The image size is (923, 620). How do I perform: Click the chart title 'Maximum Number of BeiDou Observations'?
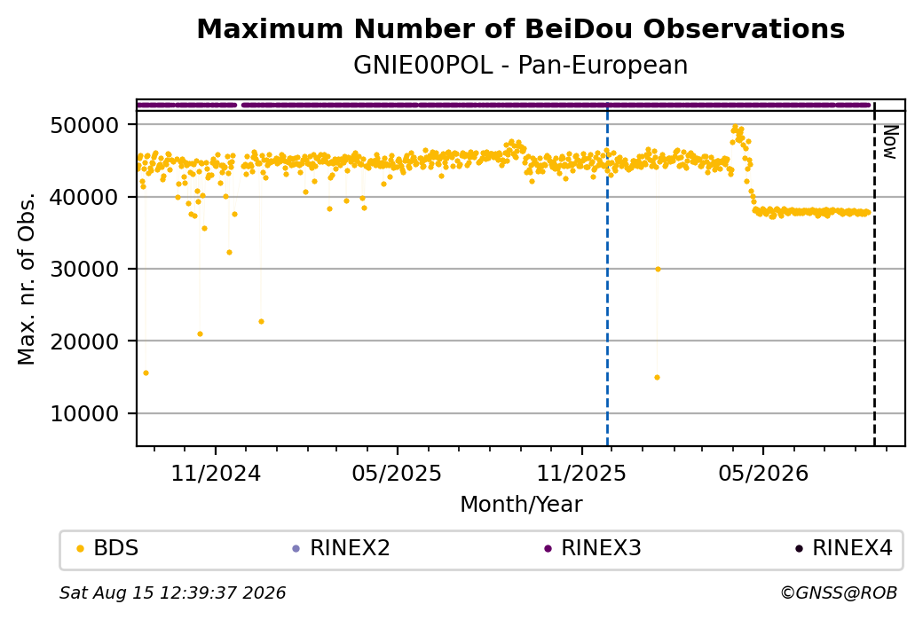(x=520, y=28)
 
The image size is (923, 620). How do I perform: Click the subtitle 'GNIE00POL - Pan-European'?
(x=520, y=66)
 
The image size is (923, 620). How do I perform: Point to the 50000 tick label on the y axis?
(x=85, y=125)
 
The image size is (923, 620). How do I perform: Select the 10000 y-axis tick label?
(x=85, y=414)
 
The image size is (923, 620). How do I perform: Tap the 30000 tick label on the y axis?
(x=85, y=270)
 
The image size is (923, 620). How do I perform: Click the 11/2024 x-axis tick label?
(x=216, y=473)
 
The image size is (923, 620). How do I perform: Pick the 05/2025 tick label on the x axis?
(x=397, y=473)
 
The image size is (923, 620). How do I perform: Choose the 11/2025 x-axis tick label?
(x=581, y=473)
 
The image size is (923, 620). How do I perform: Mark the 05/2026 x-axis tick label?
(x=763, y=473)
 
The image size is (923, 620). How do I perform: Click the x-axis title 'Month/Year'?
(x=521, y=505)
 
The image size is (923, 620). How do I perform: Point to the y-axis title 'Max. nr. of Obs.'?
(x=27, y=279)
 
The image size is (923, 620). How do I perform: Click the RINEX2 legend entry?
(x=342, y=548)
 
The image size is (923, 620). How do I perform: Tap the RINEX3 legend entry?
(x=593, y=548)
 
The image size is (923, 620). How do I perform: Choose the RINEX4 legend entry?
(x=844, y=548)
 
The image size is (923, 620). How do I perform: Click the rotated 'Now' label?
(x=890, y=142)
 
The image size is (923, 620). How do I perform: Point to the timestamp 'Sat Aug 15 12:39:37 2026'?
(x=172, y=593)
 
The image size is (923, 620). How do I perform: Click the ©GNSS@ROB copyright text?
(x=839, y=593)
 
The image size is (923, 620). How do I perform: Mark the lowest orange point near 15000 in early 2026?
(x=657, y=378)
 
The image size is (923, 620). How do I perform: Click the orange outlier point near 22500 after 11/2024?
(x=261, y=322)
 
